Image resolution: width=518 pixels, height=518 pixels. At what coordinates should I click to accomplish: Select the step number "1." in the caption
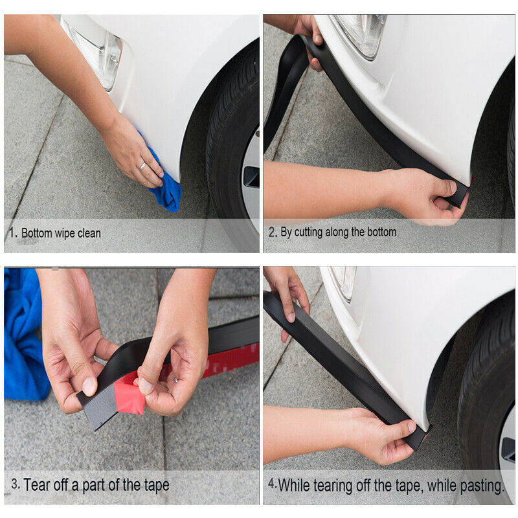pos(13,232)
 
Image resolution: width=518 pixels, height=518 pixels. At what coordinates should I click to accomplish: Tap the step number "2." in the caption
pos(273,232)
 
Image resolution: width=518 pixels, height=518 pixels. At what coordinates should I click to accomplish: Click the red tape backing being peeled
pos(129,395)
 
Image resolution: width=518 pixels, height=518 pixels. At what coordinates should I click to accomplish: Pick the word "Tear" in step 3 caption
pos(37,485)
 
